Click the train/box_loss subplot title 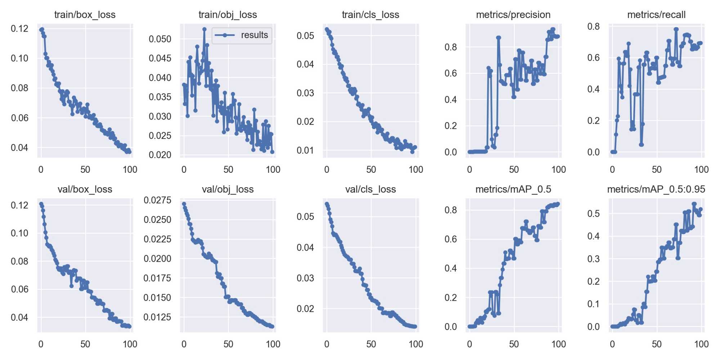click(85, 15)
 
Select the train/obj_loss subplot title click(228, 15)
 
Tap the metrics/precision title click(513, 15)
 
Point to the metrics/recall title click(656, 15)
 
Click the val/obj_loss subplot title click(228, 189)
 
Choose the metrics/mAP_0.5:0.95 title click(656, 189)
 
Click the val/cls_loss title click(370, 189)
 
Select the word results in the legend click(254, 35)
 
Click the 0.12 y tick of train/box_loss click(19, 28)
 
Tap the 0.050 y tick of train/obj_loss click(160, 39)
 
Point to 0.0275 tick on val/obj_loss click(157, 200)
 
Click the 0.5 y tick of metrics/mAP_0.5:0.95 click(593, 213)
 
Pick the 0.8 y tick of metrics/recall click(593, 26)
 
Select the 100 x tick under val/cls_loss click(416, 344)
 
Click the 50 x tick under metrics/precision click(514, 170)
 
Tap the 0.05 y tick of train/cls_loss click(305, 36)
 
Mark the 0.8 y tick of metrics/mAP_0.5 click(451, 210)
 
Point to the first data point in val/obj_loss click(184, 204)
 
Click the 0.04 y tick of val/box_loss click(19, 317)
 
